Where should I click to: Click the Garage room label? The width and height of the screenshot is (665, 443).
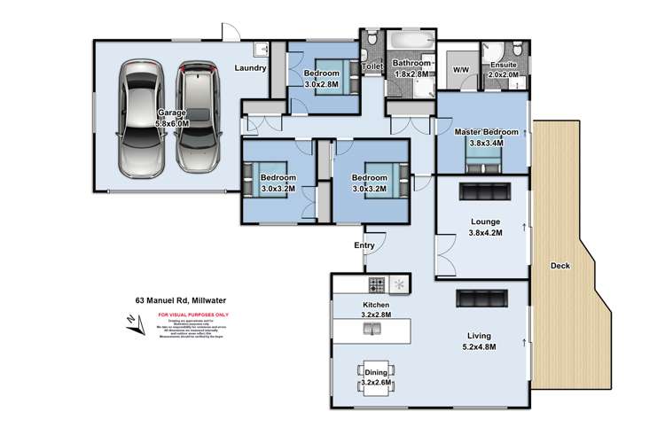coord(173,113)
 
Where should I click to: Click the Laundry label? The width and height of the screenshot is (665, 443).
coord(251,67)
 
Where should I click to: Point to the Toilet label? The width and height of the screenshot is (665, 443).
coord(372,66)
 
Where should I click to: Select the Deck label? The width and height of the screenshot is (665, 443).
coord(561,265)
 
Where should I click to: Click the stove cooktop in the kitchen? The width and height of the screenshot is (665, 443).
coord(376,285)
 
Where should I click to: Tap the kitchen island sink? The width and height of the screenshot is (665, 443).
coord(373,330)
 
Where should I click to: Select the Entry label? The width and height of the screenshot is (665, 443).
coord(364,246)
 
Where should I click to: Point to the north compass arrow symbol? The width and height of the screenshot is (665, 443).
coord(135,330)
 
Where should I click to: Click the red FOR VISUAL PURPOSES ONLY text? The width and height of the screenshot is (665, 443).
coord(192,315)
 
